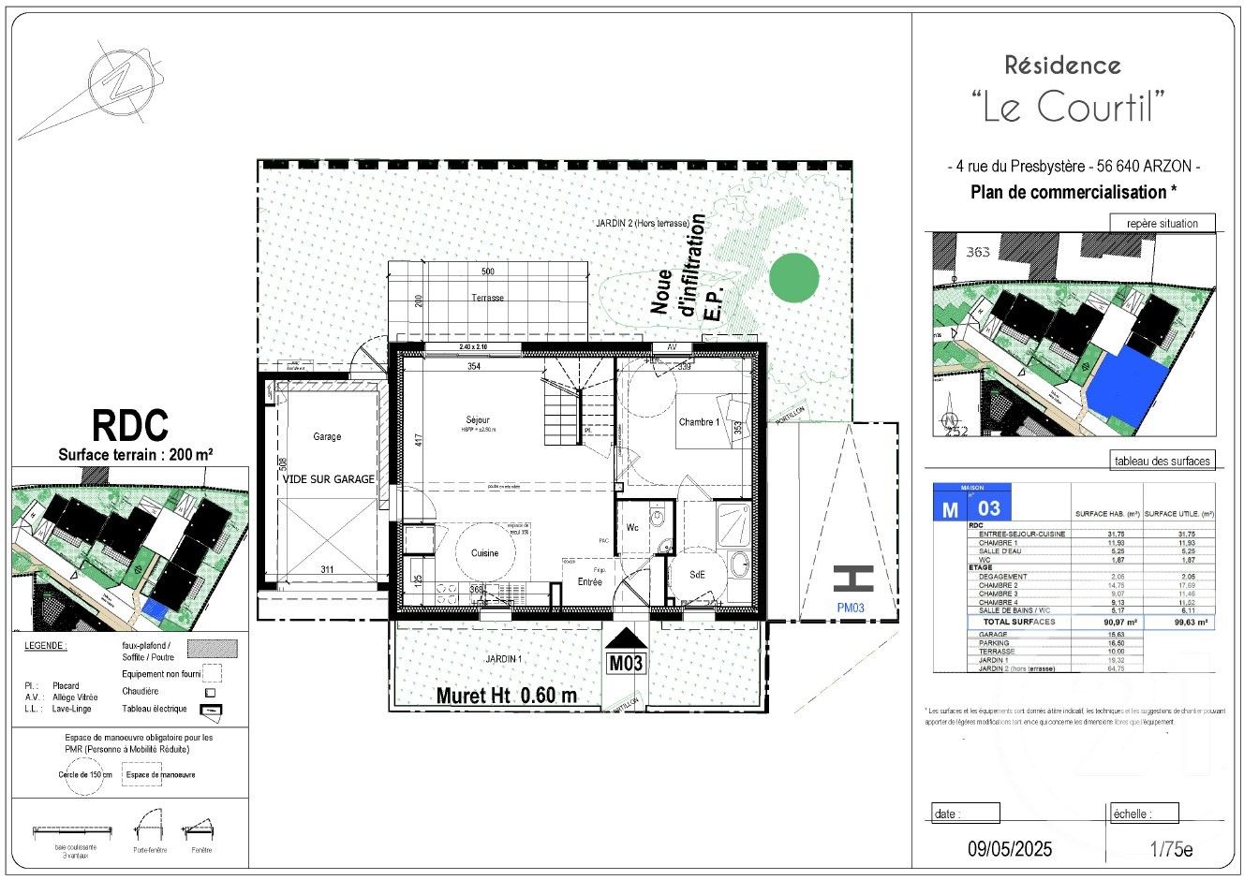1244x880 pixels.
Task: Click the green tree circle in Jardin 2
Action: [793, 277]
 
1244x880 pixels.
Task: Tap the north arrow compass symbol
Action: [120, 82]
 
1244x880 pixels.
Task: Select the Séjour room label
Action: [478, 419]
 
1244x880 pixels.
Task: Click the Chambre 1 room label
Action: [699, 422]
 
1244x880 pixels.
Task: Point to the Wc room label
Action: [632, 528]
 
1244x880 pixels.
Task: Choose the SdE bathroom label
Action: [697, 575]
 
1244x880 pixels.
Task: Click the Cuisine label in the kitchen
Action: [485, 553]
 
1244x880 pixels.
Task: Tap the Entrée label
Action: [589, 581]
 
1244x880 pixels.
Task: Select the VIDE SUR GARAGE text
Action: [329, 478]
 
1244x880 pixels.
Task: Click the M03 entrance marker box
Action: [626, 663]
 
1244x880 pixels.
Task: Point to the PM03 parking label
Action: [852, 606]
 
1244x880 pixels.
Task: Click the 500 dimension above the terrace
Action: [487, 271]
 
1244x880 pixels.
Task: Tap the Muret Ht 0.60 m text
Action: [506, 696]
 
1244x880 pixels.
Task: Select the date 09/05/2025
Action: [1010, 849]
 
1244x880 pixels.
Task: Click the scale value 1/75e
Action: [1171, 849]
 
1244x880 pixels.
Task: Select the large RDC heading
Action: [130, 425]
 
